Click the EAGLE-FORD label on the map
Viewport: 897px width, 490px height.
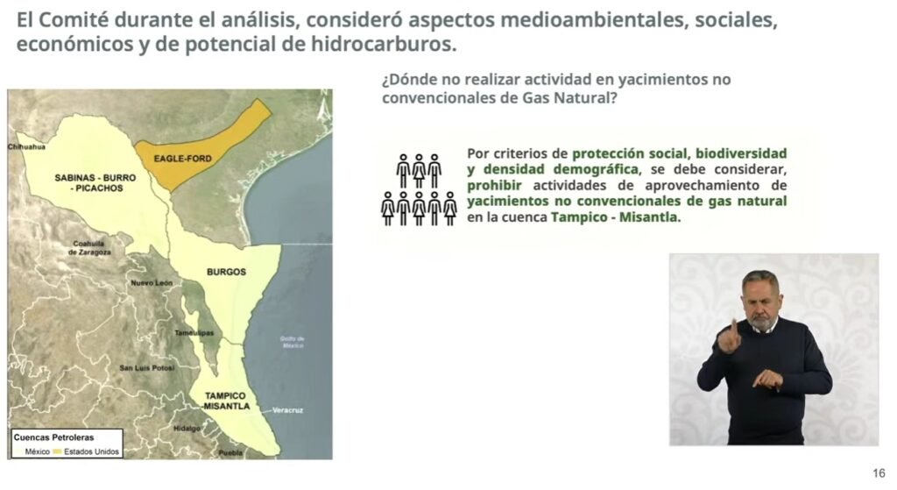(182, 159)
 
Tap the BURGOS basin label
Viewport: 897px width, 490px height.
(227, 272)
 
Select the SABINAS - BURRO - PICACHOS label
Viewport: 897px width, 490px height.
(95, 182)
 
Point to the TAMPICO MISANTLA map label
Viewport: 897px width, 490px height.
(226, 401)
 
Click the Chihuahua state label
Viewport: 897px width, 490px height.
(26, 147)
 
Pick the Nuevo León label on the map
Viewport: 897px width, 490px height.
(151, 283)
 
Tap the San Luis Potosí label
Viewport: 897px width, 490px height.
(146, 367)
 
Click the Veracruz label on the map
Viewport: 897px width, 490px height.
(287, 410)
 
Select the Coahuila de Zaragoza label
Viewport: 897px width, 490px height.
(89, 248)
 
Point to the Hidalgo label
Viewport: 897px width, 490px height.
(187, 428)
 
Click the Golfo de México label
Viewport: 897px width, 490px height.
(293, 343)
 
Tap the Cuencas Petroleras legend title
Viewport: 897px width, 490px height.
(53, 437)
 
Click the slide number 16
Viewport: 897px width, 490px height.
(879, 473)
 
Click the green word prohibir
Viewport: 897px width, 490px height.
(494, 186)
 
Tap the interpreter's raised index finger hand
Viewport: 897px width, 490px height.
(729, 336)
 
